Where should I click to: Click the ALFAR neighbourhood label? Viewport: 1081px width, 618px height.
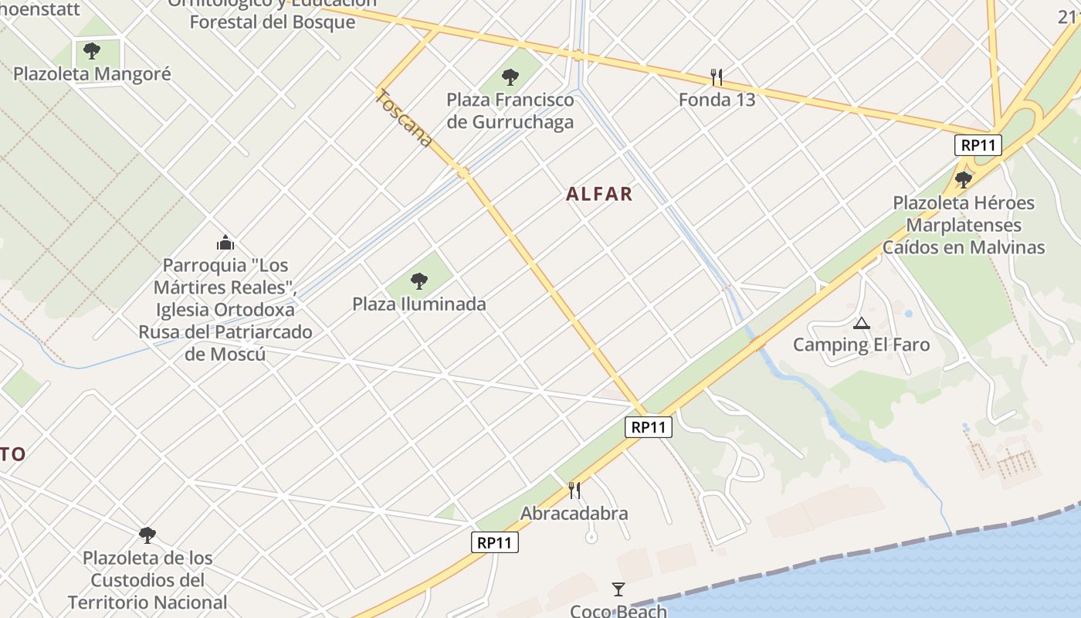[x=599, y=194]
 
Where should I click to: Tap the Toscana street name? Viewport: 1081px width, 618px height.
[x=403, y=117]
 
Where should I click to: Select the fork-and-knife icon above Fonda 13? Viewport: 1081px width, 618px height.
[x=717, y=77]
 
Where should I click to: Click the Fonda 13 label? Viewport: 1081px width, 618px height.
[x=717, y=100]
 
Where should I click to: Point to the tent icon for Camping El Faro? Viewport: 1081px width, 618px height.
[x=862, y=323]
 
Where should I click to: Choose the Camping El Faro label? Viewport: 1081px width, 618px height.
[x=862, y=345]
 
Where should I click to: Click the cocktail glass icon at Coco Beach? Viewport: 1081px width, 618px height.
[x=618, y=589]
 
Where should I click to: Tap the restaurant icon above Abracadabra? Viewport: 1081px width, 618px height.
[x=574, y=490]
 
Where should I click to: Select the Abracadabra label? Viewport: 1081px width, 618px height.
[x=574, y=513]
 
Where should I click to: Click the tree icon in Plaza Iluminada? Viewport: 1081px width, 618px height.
[x=419, y=281]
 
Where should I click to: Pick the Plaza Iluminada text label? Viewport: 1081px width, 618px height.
[x=419, y=304]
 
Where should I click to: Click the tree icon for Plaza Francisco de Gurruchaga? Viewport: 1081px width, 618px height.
[x=510, y=76]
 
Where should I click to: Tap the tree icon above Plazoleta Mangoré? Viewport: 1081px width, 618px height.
[x=92, y=51]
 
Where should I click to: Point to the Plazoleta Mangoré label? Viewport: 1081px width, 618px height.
[x=92, y=74]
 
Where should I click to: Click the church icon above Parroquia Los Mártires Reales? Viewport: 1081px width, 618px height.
[x=225, y=243]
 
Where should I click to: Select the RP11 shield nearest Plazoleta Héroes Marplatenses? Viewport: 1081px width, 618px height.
[x=978, y=145]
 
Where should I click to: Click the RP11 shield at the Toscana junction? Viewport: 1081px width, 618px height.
[x=649, y=427]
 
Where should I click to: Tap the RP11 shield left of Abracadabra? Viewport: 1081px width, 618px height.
[x=495, y=542]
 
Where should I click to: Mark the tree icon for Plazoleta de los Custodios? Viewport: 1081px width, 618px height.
[x=147, y=535]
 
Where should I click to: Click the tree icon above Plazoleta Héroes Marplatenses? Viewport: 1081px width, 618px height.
[x=963, y=180]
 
